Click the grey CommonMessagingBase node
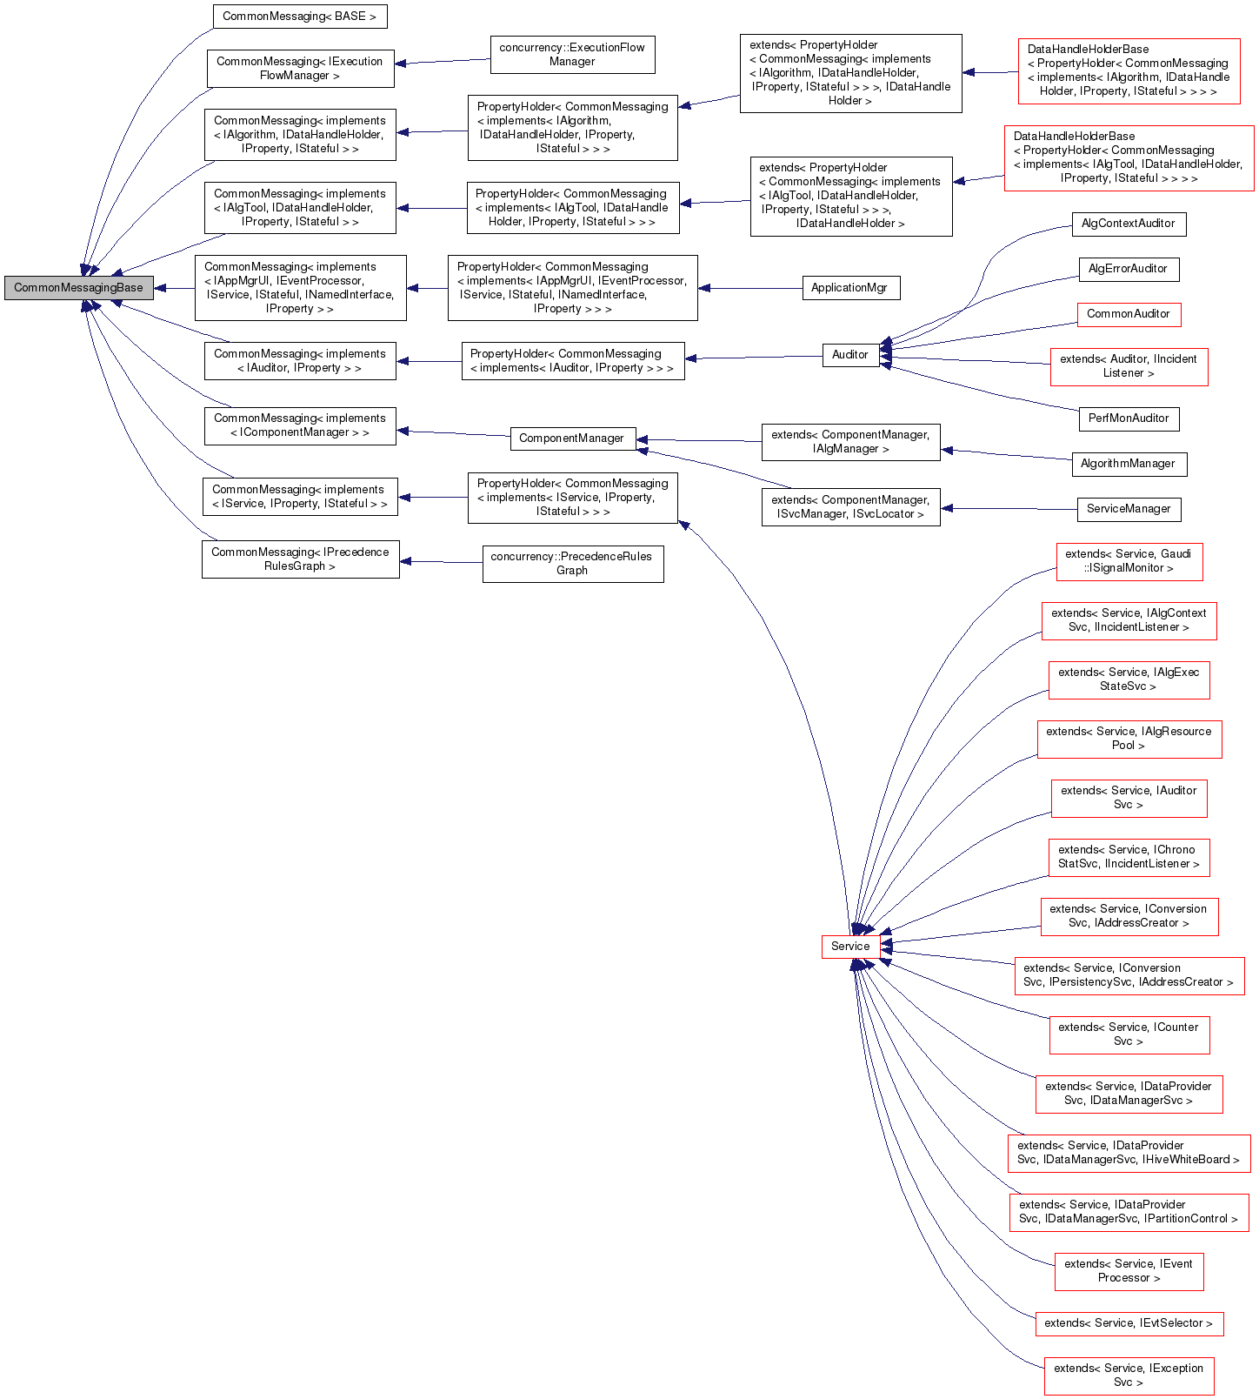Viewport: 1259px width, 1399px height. click(x=78, y=288)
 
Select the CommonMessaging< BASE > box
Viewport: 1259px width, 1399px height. click(x=299, y=17)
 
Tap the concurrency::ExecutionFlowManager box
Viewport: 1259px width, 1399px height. click(x=572, y=55)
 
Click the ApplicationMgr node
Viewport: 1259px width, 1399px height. click(x=849, y=288)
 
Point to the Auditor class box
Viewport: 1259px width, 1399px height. click(x=849, y=355)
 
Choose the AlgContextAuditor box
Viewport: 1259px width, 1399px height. click(x=1128, y=224)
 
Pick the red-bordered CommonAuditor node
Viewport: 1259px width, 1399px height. click(x=1128, y=314)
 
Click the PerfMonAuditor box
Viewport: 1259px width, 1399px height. click(x=1128, y=418)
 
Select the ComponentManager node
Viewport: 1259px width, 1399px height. click(x=571, y=438)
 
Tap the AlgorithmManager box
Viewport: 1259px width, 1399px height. click(x=1128, y=464)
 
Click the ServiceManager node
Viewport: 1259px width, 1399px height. click(x=1128, y=509)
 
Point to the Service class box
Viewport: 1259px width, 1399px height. click(x=849, y=947)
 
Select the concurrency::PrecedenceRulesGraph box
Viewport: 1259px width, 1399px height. click(x=572, y=564)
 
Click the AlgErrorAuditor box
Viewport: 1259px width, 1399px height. click(x=1128, y=269)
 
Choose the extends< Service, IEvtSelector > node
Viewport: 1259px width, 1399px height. click(x=1128, y=1323)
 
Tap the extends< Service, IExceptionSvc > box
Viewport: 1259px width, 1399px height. click(x=1128, y=1376)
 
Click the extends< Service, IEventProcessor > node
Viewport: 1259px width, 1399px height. click(x=1128, y=1271)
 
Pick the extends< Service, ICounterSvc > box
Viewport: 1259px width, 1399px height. click(x=1128, y=1034)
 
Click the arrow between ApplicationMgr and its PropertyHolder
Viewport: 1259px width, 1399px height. click(x=749, y=288)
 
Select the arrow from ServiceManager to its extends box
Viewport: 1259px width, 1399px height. click(x=1009, y=509)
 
